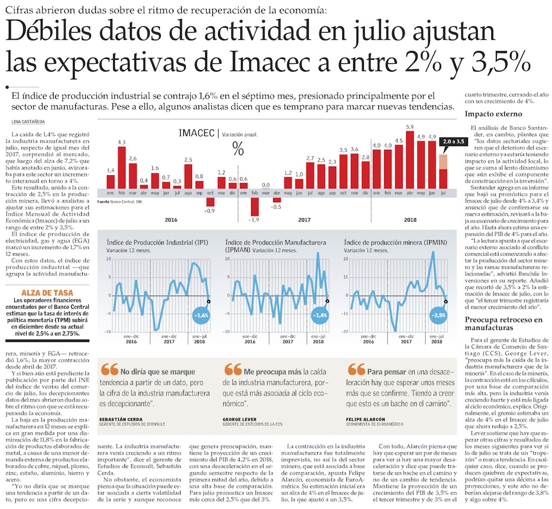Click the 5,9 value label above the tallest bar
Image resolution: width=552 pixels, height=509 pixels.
point(410,127)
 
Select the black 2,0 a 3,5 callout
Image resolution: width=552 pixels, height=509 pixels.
point(453,142)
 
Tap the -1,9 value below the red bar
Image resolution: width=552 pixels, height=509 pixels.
point(254,220)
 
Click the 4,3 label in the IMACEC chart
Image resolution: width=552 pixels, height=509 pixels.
point(121,143)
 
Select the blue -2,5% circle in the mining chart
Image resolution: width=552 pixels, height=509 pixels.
point(438,316)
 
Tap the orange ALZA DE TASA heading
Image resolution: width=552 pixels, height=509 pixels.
point(48,292)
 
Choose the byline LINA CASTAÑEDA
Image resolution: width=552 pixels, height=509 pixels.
point(29,122)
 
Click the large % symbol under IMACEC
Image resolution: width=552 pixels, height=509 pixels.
point(238,149)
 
